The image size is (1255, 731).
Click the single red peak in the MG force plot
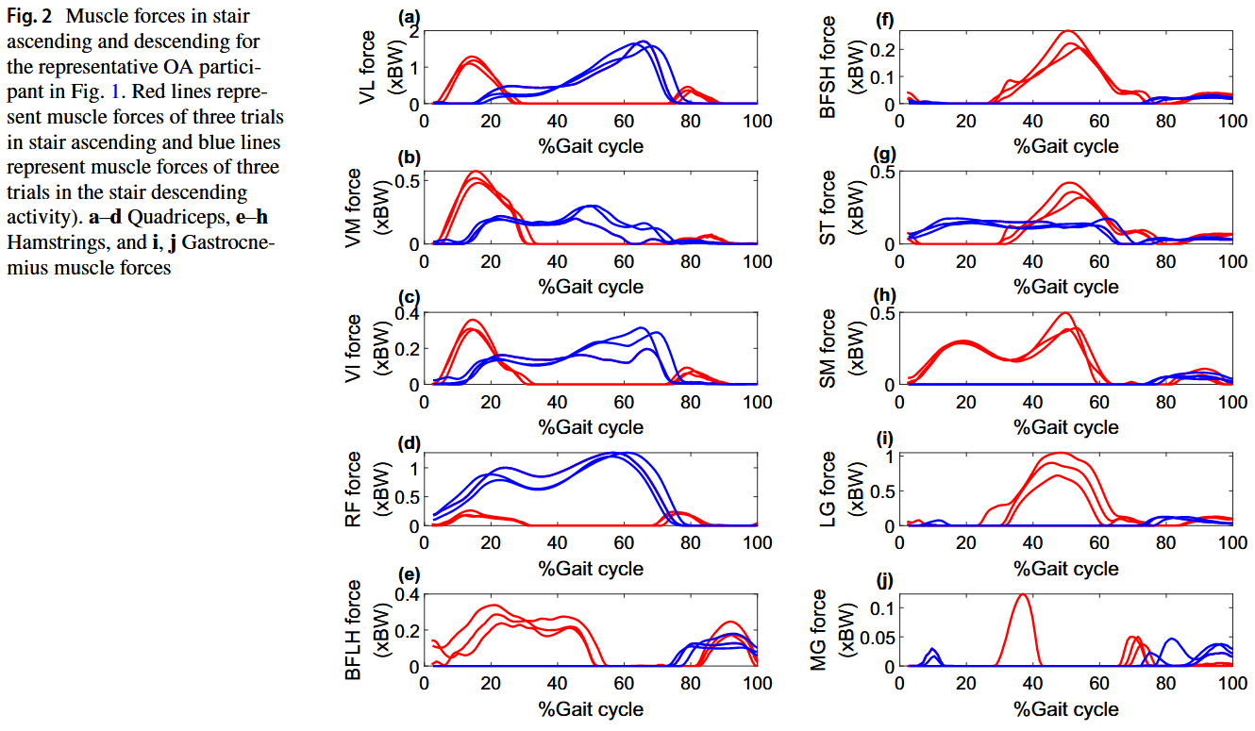[1021, 595]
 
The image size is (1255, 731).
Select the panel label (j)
[883, 580]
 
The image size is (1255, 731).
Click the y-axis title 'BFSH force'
[828, 66]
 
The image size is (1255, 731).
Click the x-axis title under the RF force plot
[591, 568]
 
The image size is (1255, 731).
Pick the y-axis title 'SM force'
[828, 347]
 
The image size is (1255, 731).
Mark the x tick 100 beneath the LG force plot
[1231, 543]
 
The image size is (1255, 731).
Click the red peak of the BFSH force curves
[1069, 32]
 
